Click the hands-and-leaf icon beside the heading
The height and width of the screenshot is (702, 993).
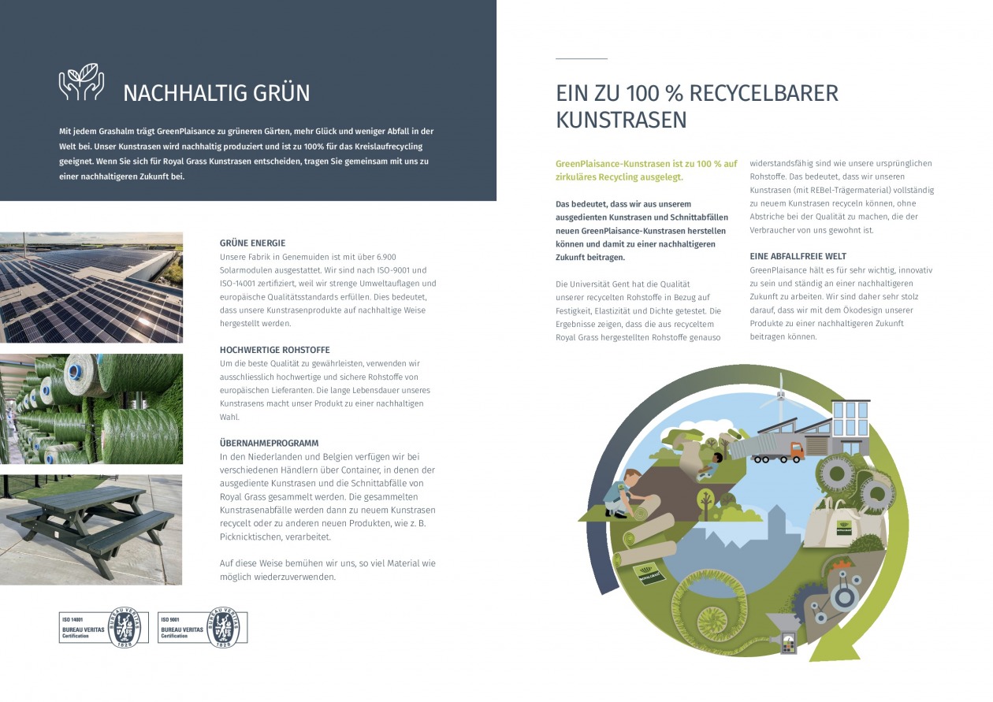pyautogui.click(x=81, y=83)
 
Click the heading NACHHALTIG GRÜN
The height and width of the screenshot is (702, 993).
pyautogui.click(x=216, y=93)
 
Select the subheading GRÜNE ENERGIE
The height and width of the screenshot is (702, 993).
pyautogui.click(x=252, y=243)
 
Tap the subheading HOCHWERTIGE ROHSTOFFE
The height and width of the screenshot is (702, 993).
pyautogui.click(x=274, y=349)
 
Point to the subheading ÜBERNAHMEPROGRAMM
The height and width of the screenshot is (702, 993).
pyautogui.click(x=269, y=443)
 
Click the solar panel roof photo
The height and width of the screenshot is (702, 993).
pyautogui.click(x=91, y=287)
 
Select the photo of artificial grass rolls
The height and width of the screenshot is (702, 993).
pyautogui.click(x=91, y=408)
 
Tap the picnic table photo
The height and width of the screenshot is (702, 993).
pyautogui.click(x=91, y=529)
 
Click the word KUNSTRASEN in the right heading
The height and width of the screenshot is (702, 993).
pyautogui.click(x=621, y=121)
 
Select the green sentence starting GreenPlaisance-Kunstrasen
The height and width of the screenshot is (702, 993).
pyautogui.click(x=646, y=170)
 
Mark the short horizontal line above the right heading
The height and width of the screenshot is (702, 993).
pyautogui.click(x=581, y=58)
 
